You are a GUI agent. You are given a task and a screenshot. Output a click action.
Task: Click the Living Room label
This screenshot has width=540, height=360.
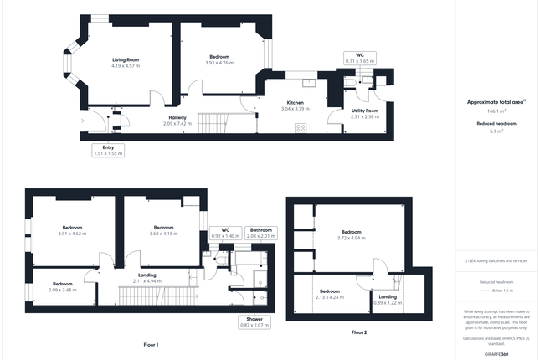click(126, 60)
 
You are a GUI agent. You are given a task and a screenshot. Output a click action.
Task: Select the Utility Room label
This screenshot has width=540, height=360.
click(365, 111)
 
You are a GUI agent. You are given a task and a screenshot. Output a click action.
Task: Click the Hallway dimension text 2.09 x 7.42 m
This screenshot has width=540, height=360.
click(177, 123)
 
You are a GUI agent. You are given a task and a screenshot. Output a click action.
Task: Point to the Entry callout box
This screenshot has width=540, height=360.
click(107, 151)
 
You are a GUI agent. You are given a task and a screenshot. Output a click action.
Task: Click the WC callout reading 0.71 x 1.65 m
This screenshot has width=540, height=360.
click(359, 58)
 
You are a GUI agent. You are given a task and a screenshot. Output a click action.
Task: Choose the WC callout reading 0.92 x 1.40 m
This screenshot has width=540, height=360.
click(224, 233)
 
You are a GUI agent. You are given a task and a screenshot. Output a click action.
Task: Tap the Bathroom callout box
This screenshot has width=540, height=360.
click(262, 233)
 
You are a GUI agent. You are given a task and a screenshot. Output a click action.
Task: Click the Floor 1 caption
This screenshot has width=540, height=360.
click(151, 344)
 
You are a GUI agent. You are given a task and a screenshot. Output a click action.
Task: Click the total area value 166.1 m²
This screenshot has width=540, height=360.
click(496, 111)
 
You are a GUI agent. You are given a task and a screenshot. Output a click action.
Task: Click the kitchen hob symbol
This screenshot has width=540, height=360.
click(301, 128)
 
